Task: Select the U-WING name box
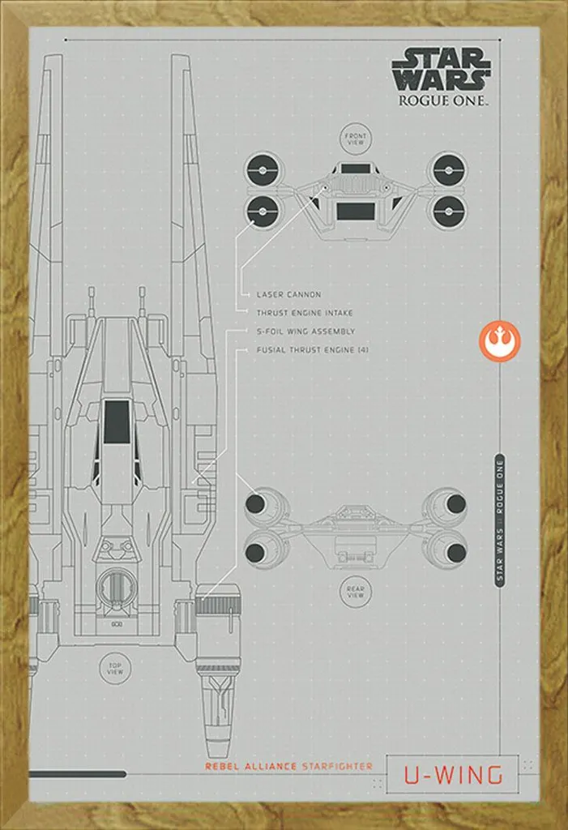(x=452, y=775)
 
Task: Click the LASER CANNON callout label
(x=288, y=295)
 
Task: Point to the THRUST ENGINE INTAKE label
(x=305, y=313)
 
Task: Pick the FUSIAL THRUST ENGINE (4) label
(x=312, y=349)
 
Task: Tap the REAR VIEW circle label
(x=355, y=592)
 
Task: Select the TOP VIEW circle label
(x=115, y=669)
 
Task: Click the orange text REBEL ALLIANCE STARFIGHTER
(x=288, y=766)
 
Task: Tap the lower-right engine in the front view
(x=448, y=210)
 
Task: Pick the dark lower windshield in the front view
(x=354, y=211)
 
